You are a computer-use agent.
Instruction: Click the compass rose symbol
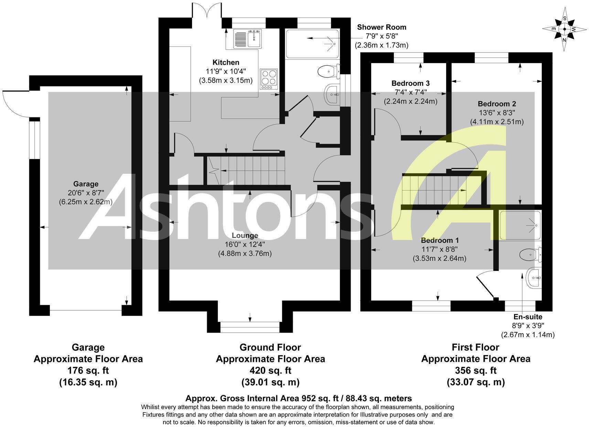(564, 30)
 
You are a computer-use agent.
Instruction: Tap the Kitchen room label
(226, 62)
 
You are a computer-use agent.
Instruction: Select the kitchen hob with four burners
(269, 77)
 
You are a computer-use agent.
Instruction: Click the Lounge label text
(245, 236)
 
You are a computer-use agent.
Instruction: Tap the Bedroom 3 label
(410, 83)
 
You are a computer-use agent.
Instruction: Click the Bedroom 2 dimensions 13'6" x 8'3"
(497, 113)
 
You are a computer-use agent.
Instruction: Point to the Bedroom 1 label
(440, 240)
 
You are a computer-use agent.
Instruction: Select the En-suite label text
(527, 317)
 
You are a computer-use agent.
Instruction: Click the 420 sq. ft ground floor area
(270, 371)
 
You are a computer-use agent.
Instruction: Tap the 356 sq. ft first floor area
(476, 371)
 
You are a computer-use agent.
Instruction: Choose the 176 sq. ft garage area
(88, 371)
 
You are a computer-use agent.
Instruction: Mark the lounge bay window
(250, 327)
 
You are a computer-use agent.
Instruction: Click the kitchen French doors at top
(206, 10)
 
